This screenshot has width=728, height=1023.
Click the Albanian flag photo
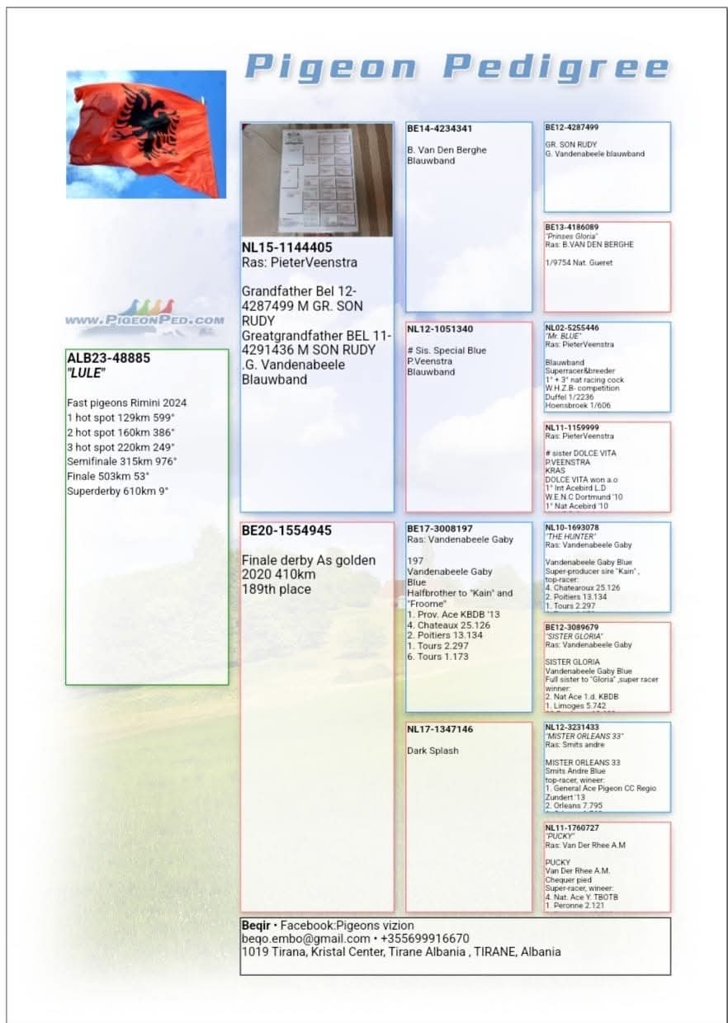pos(146,134)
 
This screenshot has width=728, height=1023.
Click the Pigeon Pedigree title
pos(456,67)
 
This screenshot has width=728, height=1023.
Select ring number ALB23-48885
pos(108,359)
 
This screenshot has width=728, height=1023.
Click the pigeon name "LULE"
pos(86,373)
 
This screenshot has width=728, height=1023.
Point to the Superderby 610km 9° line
pos(117,492)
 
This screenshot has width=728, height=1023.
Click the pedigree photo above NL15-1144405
pos(317,180)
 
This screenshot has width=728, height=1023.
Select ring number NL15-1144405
pos(287,247)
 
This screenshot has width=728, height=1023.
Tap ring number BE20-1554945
pos(286,530)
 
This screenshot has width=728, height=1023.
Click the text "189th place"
pos(277,589)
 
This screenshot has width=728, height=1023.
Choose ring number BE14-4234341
pos(439,129)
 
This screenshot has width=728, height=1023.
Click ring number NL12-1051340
pos(440,329)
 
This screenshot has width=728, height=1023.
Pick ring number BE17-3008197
pos(440,529)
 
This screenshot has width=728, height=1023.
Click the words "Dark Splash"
pos(433,751)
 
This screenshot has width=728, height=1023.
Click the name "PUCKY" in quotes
pos(560,836)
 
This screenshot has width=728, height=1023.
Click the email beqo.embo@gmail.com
pos(305,939)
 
